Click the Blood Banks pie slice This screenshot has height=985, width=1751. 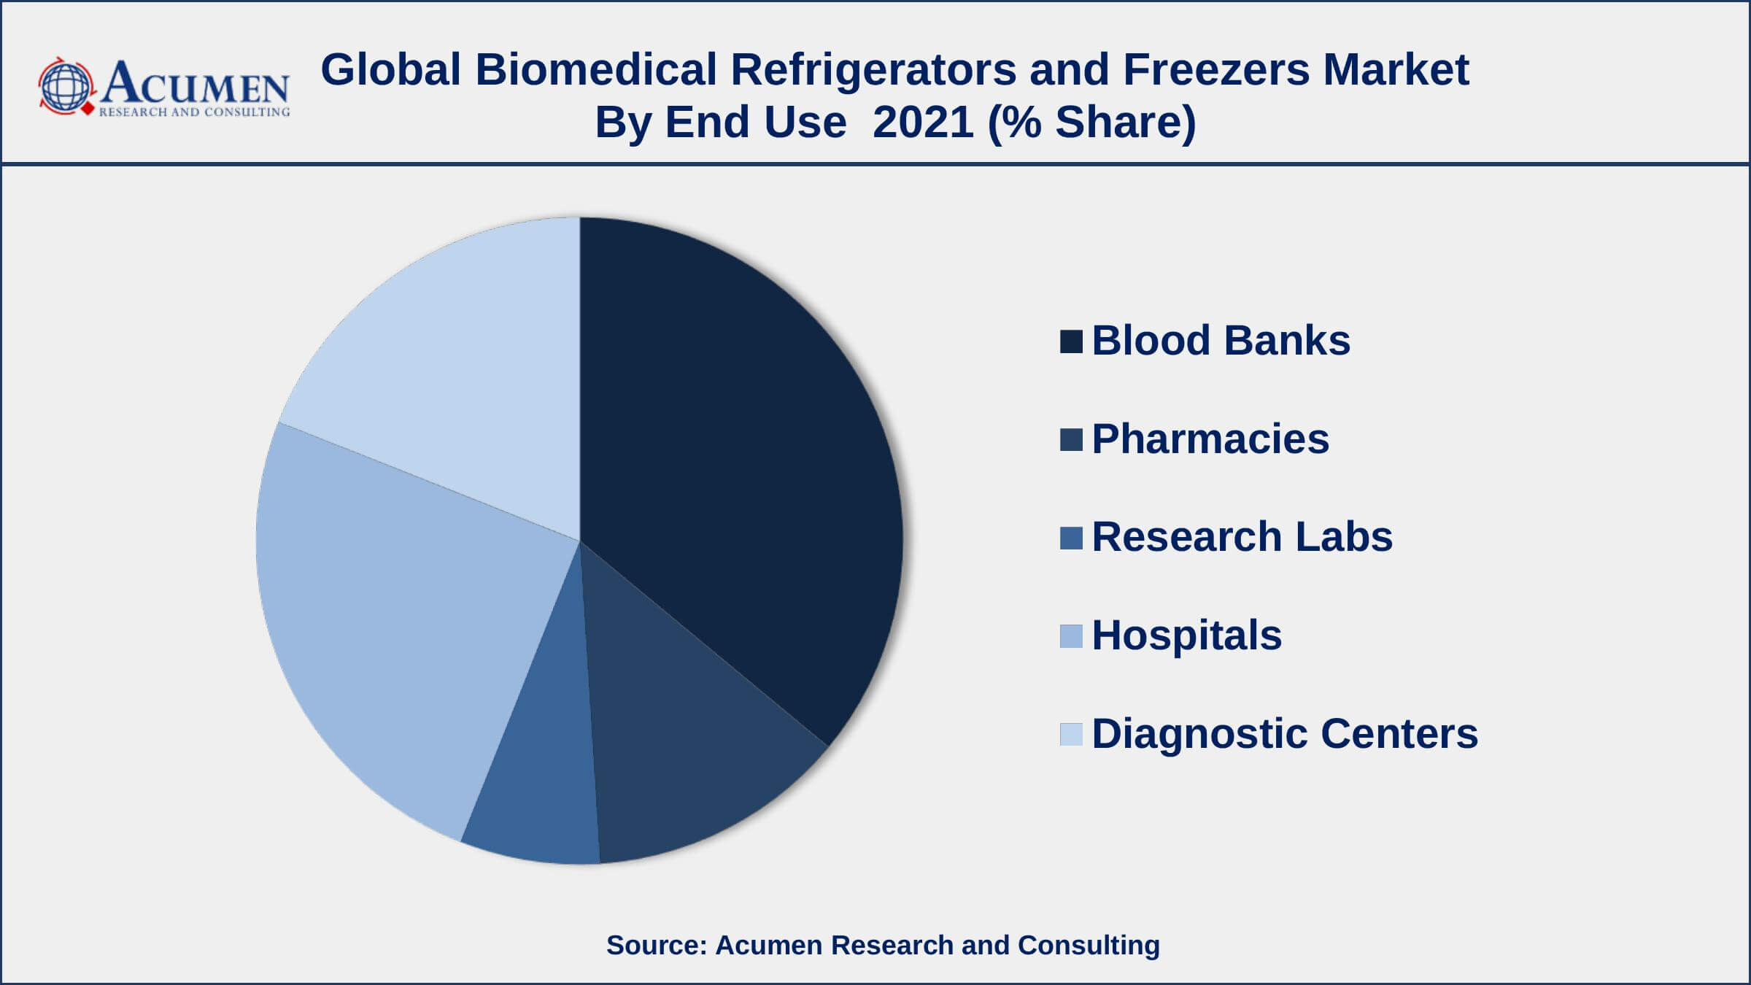pos(737,467)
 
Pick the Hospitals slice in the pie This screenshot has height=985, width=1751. pos(409,627)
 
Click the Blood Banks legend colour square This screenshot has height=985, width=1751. pos(1071,342)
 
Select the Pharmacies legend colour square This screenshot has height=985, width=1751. pos(1071,440)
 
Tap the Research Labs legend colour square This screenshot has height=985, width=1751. pos(1071,538)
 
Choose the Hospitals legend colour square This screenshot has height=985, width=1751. pos(1071,636)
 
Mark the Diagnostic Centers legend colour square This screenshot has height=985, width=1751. pos(1071,734)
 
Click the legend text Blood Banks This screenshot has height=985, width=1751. pos(1221,340)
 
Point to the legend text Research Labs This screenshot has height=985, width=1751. pos(1242,536)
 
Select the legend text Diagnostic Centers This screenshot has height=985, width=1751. pos(1285,733)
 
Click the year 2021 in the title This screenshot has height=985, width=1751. pos(923,122)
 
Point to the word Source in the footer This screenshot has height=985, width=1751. pos(653,945)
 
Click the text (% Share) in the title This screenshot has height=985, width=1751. pos(1091,122)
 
